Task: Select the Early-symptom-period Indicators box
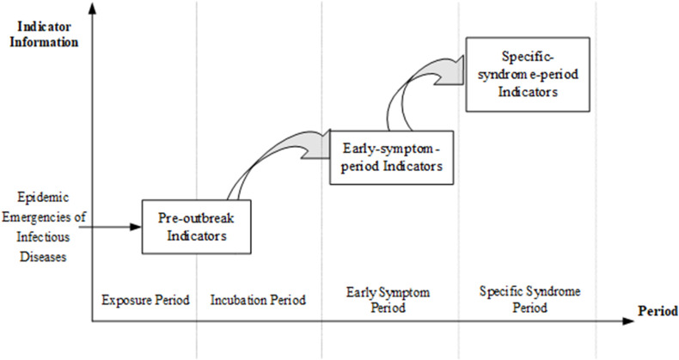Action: click(x=391, y=157)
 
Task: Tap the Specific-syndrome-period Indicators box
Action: click(x=527, y=73)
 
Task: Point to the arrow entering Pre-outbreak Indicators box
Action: click(x=116, y=227)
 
